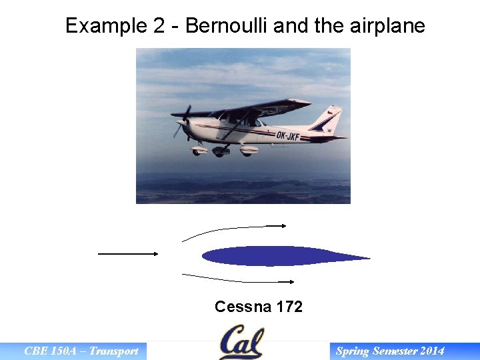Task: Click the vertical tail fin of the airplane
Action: point(328,120)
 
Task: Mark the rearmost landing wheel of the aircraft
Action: point(247,151)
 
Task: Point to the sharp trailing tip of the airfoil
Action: point(368,258)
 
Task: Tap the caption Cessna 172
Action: point(259,307)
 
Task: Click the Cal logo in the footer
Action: point(241,342)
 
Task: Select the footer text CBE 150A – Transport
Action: point(81,351)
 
